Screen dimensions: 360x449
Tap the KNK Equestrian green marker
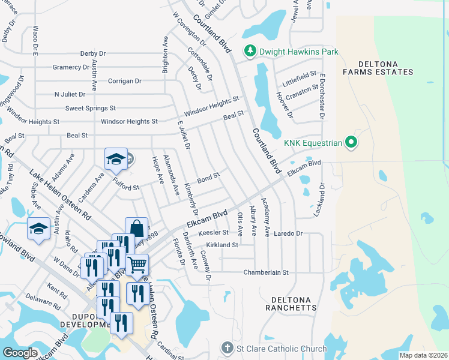click(x=352, y=143)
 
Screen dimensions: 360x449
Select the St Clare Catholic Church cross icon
click(x=226, y=348)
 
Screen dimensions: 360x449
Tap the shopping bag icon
click(x=136, y=229)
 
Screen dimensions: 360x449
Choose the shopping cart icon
click(x=137, y=264)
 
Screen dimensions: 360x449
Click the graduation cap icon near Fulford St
click(x=115, y=159)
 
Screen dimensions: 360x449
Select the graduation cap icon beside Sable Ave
click(x=38, y=229)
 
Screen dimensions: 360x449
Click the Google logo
click(x=20, y=352)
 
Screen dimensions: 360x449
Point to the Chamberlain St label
click(x=266, y=272)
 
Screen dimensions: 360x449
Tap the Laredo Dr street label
click(x=290, y=233)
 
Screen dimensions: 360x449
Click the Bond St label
click(x=209, y=178)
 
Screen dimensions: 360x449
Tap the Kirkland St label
click(x=222, y=245)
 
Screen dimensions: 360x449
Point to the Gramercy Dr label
click(x=71, y=67)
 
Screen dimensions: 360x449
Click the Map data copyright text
click(x=423, y=355)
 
